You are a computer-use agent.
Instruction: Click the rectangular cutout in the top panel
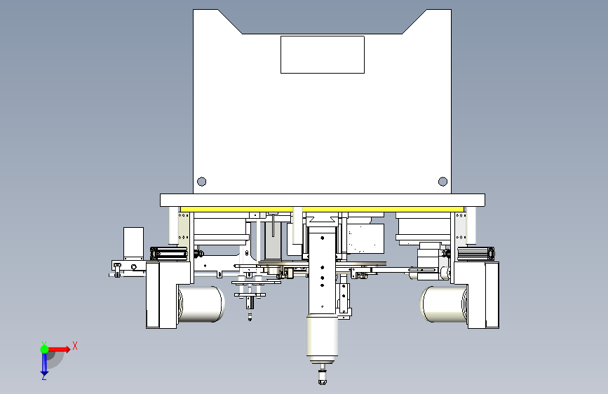pyautogui.click(x=322, y=55)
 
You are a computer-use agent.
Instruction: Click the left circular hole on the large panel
pyautogui.click(x=202, y=182)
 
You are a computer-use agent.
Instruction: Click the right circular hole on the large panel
pyautogui.click(x=443, y=182)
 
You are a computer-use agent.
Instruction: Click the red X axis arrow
pyautogui.click(x=59, y=349)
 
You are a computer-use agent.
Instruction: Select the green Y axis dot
pyautogui.click(x=44, y=349)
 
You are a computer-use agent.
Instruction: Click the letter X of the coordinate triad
pyautogui.click(x=75, y=346)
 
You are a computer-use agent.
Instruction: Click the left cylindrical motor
pyautogui.click(x=201, y=304)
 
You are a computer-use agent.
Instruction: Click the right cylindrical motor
pyautogui.click(x=444, y=304)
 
